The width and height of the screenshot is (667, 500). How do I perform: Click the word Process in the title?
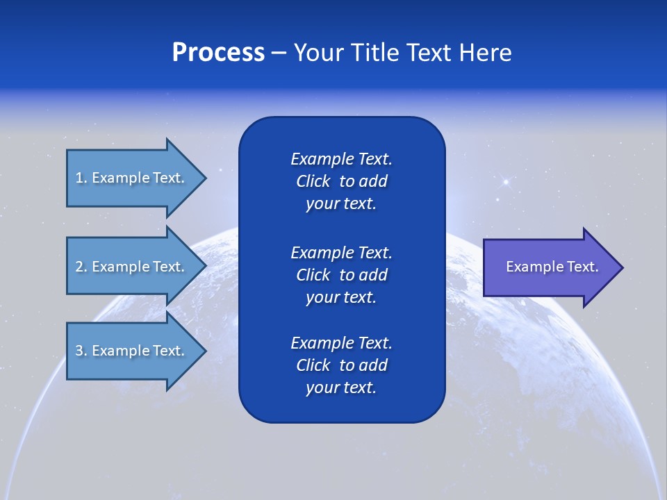click(x=218, y=53)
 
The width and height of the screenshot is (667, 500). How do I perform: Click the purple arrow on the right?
click(x=549, y=267)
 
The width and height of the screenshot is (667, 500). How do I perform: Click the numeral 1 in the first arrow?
click(x=79, y=178)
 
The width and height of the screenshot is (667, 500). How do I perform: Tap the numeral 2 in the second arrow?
click(x=79, y=267)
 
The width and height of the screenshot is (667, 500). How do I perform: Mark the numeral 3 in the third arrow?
click(x=79, y=351)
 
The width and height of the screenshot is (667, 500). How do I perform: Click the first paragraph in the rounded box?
click(x=341, y=181)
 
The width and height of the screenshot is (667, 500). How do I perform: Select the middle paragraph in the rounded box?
click(x=341, y=274)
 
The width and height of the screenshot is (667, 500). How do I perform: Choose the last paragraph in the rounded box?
click(x=341, y=365)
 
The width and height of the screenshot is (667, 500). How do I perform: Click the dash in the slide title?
click(x=279, y=53)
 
